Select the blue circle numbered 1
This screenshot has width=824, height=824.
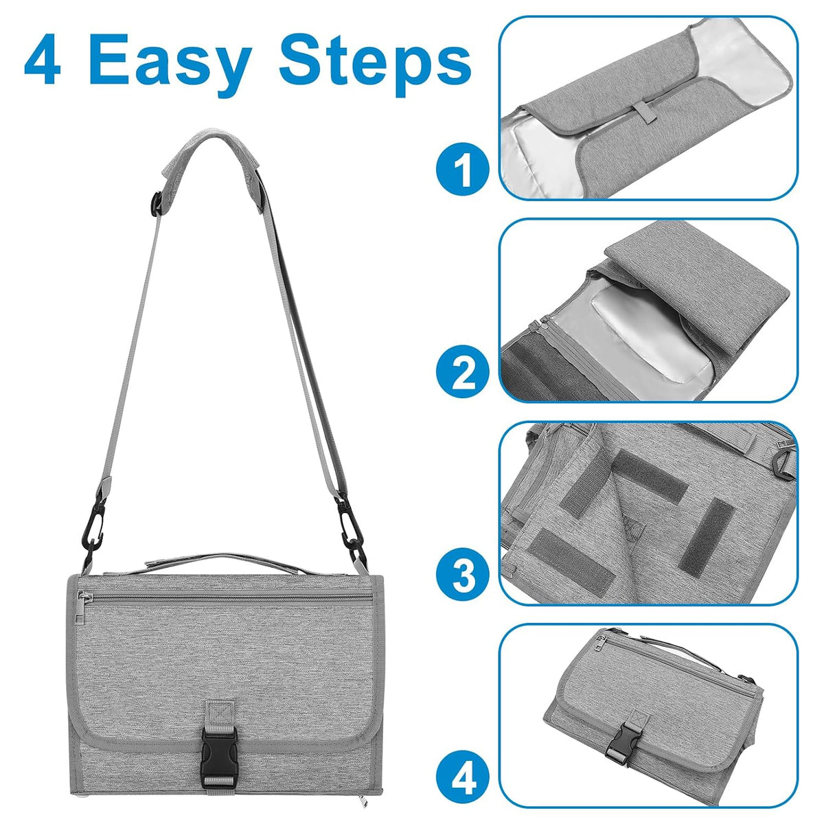click(x=463, y=170)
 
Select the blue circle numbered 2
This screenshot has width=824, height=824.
click(x=463, y=371)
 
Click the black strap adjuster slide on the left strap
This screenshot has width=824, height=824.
click(x=159, y=203)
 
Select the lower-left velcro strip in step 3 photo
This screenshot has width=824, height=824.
click(x=571, y=557)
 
